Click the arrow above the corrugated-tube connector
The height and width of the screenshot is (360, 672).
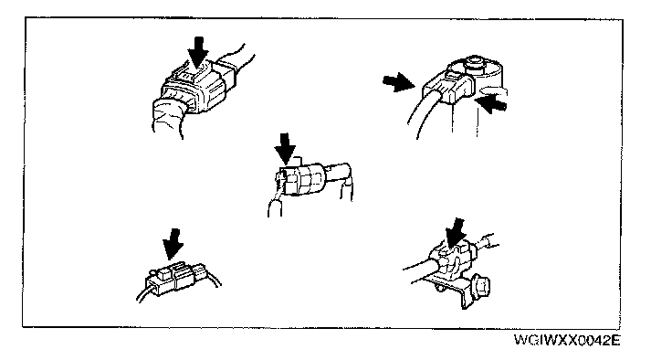point(197,52)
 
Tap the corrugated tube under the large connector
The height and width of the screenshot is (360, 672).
point(168,117)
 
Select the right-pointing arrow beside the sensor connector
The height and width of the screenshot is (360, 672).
point(398,82)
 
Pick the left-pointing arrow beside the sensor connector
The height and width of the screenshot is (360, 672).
point(492,104)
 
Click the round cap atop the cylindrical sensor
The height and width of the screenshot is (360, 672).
point(475,61)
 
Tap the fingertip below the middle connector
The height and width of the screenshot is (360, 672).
point(275,206)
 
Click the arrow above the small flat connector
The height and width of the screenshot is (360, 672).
point(173,244)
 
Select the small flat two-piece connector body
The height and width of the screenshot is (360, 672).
point(175,278)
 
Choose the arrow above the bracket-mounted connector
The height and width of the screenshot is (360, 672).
point(456,233)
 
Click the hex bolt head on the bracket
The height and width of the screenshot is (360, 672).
point(480,286)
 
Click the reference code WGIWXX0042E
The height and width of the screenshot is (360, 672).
point(567,341)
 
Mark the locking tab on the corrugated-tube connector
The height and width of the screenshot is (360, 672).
point(196,73)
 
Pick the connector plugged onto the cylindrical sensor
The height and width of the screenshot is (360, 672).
point(447,86)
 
